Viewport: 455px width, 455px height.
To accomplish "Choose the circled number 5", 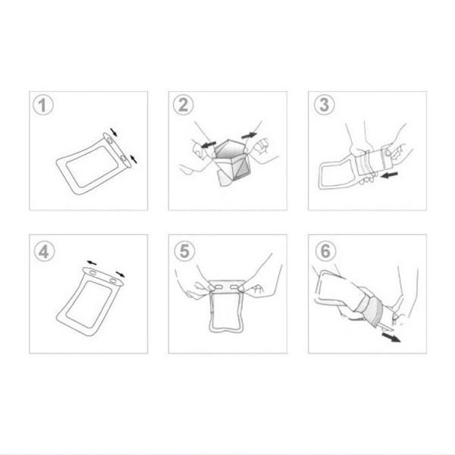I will tap(183, 249).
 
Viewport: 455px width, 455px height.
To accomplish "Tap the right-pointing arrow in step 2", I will tap(248, 135).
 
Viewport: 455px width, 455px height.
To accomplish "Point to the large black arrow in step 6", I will tap(392, 337).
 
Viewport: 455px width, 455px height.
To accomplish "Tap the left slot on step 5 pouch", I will tap(216, 289).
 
